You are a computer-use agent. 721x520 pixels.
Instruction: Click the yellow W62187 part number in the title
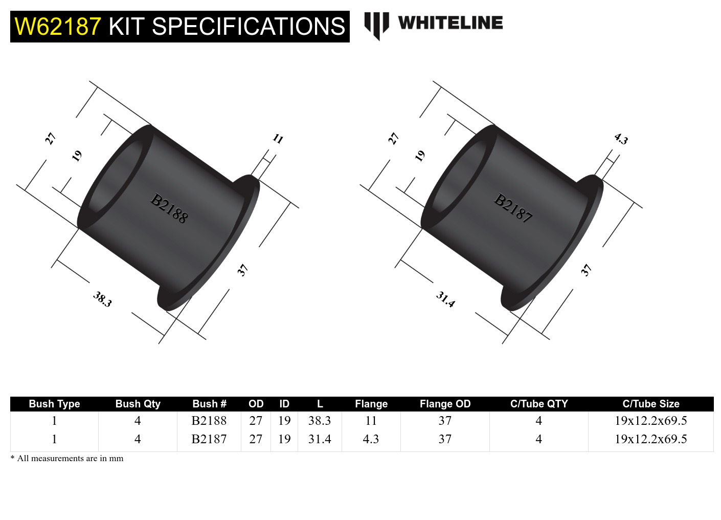(58, 27)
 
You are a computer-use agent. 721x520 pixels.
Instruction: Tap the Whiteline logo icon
(376, 25)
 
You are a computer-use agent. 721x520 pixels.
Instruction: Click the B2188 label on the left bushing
(169, 208)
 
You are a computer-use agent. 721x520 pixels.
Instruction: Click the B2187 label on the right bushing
(513, 208)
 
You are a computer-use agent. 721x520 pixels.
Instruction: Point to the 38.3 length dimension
(102, 299)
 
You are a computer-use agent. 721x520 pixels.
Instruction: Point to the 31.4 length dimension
(445, 299)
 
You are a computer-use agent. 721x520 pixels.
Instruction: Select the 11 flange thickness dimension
(278, 139)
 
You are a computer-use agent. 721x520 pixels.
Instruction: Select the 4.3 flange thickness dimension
(621, 139)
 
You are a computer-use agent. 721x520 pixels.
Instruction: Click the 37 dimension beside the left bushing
(242, 270)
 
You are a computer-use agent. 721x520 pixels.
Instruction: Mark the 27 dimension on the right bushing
(393, 139)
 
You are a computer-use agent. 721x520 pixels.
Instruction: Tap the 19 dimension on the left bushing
(77, 156)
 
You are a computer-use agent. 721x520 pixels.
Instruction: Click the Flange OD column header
(445, 404)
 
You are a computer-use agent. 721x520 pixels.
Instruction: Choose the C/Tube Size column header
(650, 404)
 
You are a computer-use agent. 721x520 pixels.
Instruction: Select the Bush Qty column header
(138, 404)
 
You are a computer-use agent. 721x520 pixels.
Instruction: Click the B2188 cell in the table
(209, 421)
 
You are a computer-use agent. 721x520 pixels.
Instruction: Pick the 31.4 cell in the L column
(320, 439)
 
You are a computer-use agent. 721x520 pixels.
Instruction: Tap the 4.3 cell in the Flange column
(371, 439)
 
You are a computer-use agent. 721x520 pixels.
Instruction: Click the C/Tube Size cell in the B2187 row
(650, 439)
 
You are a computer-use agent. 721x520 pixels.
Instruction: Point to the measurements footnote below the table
(67, 458)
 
